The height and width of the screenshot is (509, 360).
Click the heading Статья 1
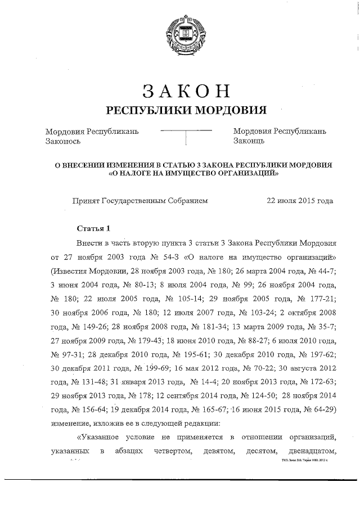94,228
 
